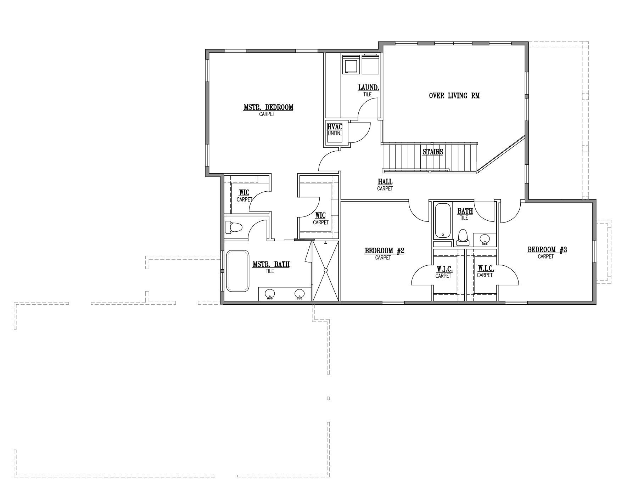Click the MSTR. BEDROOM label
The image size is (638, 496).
[x=268, y=107]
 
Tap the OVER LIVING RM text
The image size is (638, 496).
[x=454, y=96]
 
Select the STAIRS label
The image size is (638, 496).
[x=433, y=152]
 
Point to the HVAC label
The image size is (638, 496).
[x=335, y=127]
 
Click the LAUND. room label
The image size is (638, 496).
[x=369, y=88]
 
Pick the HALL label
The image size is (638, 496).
[x=385, y=182]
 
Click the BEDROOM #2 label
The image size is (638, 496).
[x=385, y=251]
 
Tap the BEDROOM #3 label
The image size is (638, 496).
[x=547, y=250]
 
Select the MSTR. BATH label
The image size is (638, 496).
[x=271, y=264]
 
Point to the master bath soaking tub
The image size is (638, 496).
[x=238, y=271]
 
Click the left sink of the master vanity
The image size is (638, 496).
[x=270, y=294]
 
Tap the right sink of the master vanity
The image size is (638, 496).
[x=300, y=294]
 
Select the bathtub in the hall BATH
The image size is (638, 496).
[x=442, y=220]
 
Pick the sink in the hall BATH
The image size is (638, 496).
[x=485, y=239]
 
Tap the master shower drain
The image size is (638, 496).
[x=325, y=271]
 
